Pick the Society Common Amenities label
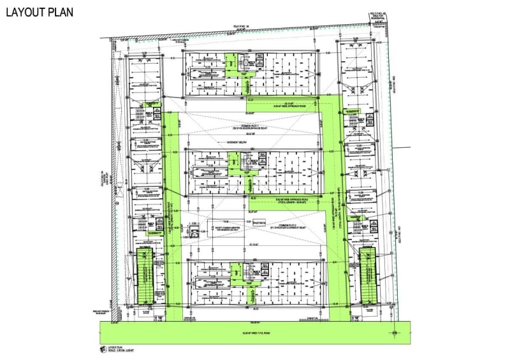pos(226,227)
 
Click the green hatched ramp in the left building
pos(146,276)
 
